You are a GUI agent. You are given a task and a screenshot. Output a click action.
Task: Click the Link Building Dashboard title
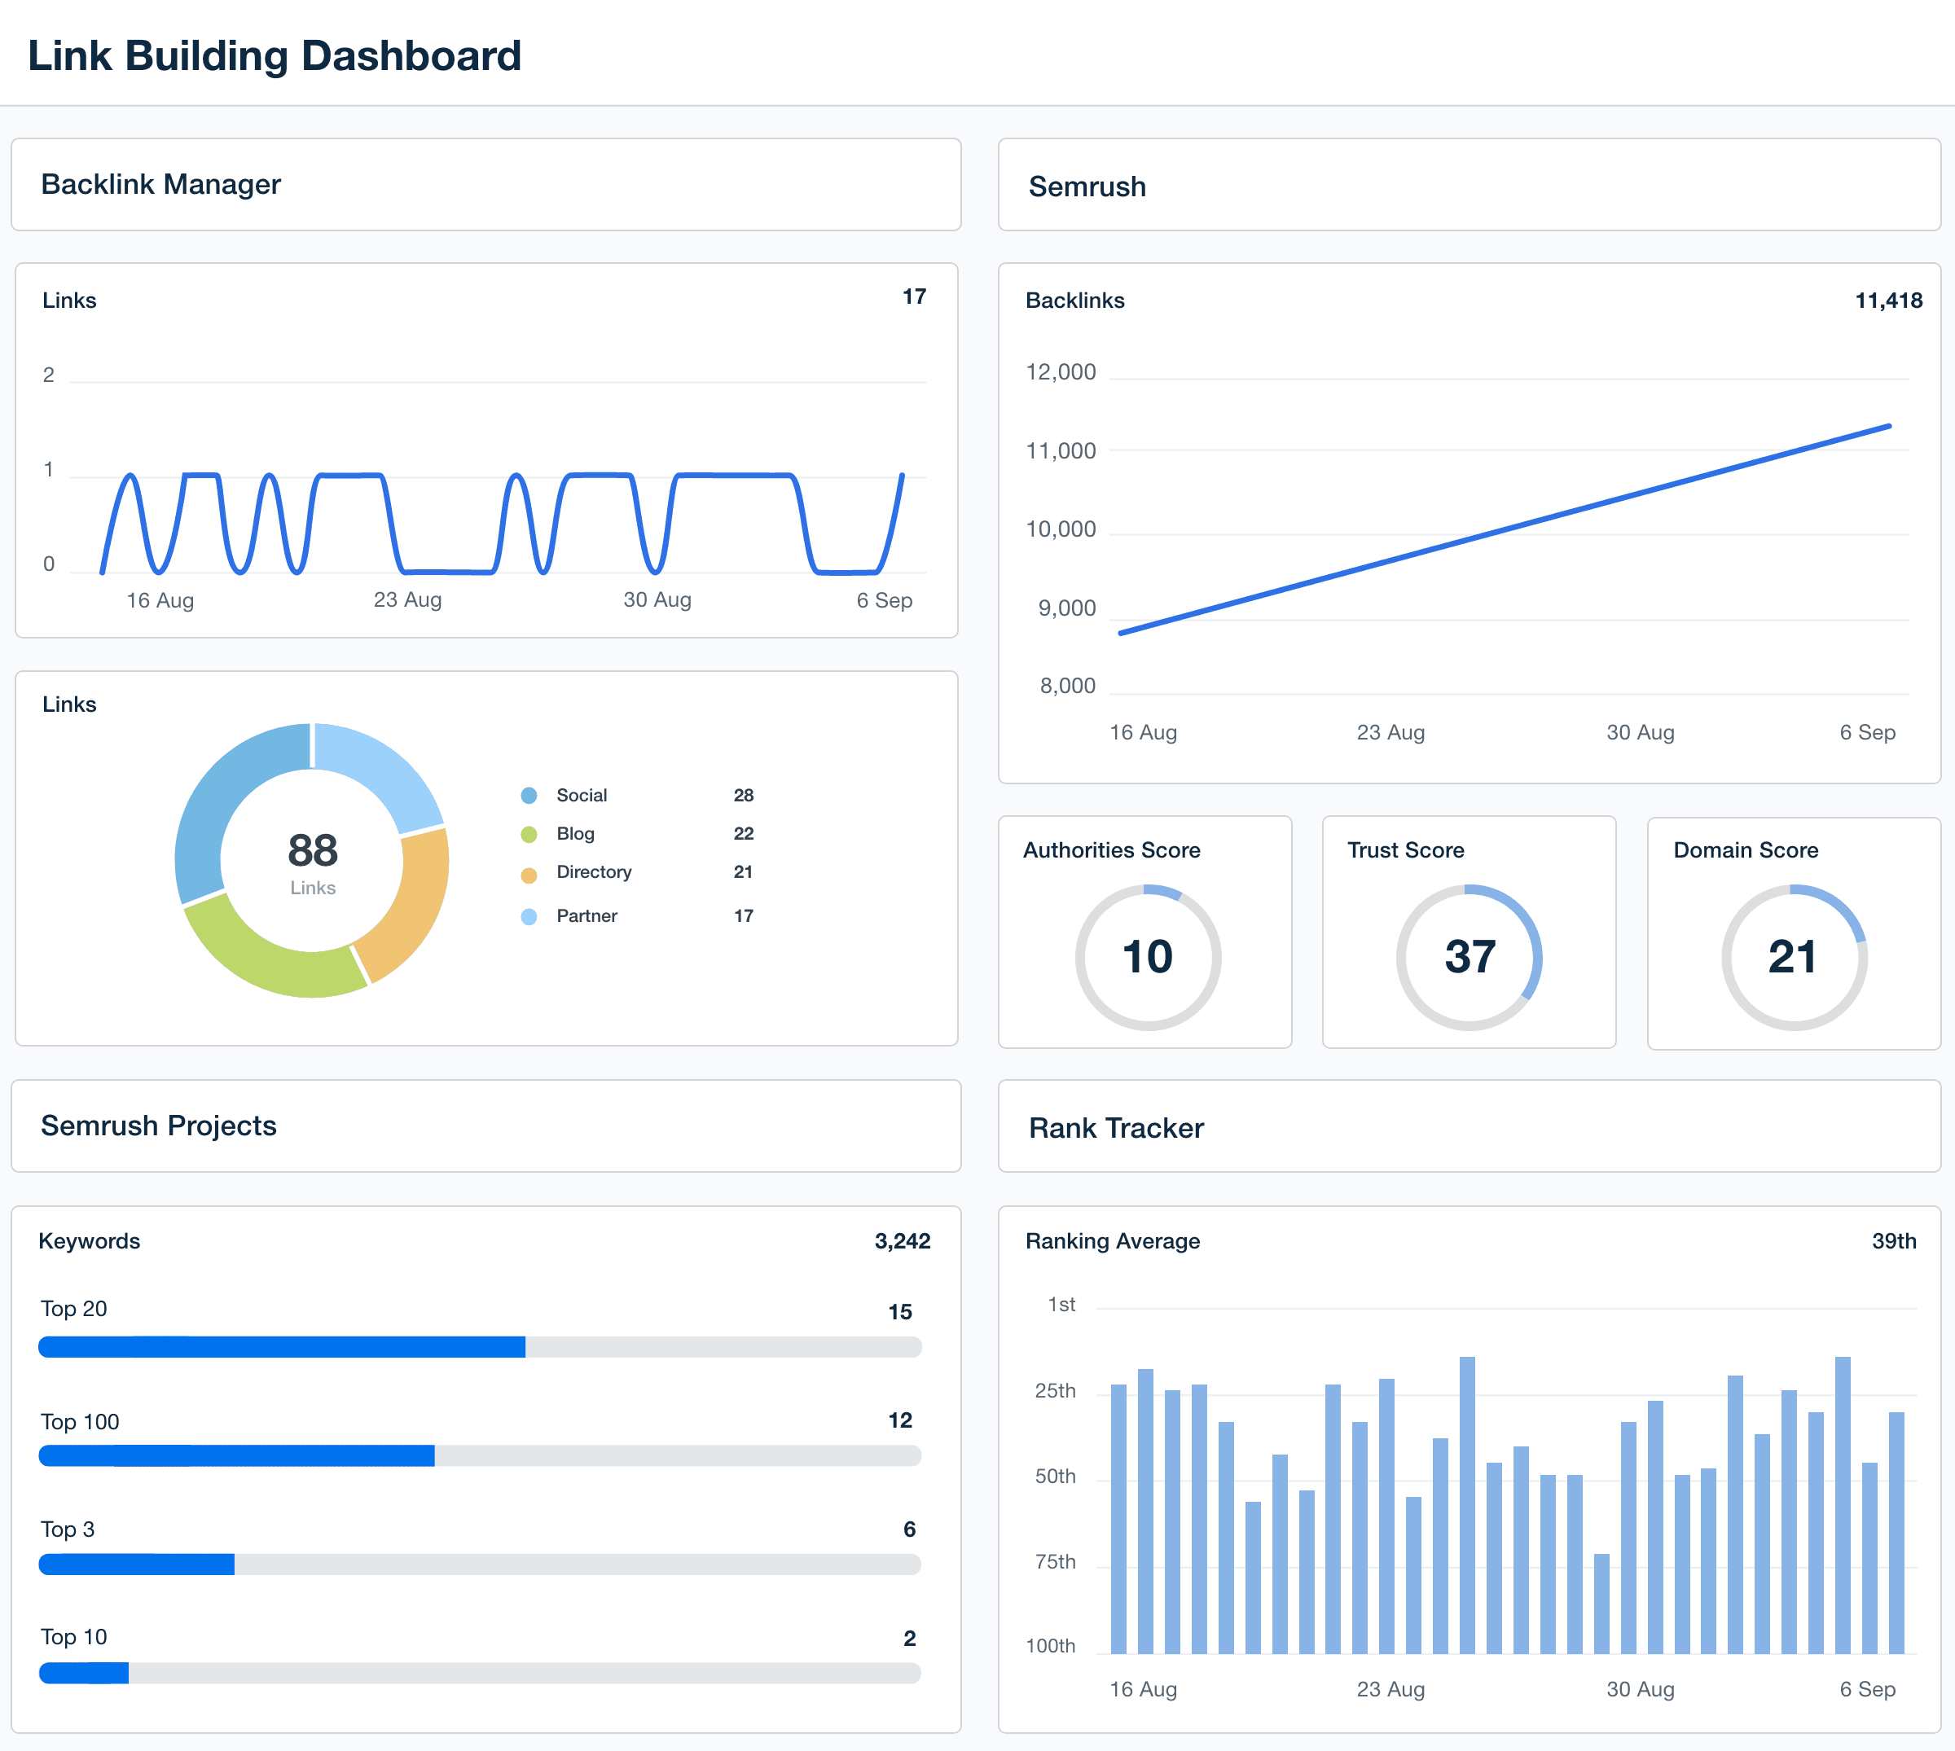click(275, 56)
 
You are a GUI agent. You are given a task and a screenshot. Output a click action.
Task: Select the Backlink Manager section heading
click(160, 184)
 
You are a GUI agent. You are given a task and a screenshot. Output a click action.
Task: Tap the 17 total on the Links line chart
click(913, 296)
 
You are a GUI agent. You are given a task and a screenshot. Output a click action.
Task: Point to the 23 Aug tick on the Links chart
click(407, 599)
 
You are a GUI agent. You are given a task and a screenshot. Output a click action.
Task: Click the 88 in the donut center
click(313, 850)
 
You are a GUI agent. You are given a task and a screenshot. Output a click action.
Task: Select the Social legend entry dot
click(528, 796)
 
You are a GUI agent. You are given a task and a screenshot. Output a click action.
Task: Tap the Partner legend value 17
click(743, 916)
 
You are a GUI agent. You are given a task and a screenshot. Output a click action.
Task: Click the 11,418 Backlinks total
click(1887, 301)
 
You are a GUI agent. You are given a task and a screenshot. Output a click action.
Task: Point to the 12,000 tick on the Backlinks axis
click(1061, 372)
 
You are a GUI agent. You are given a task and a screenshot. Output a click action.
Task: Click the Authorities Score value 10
click(1147, 957)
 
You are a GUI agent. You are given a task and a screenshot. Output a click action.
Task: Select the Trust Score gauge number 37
click(1470, 957)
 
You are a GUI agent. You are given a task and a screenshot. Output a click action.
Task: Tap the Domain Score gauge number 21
click(1792, 957)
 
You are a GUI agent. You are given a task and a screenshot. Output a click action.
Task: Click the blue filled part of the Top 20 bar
click(281, 1347)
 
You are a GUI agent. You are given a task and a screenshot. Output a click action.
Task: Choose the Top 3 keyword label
click(68, 1529)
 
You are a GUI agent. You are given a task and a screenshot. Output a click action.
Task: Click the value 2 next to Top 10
click(908, 1638)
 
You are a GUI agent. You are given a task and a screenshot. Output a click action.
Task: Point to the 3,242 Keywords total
click(902, 1241)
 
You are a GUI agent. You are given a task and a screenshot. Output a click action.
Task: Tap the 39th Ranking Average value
click(1892, 1241)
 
